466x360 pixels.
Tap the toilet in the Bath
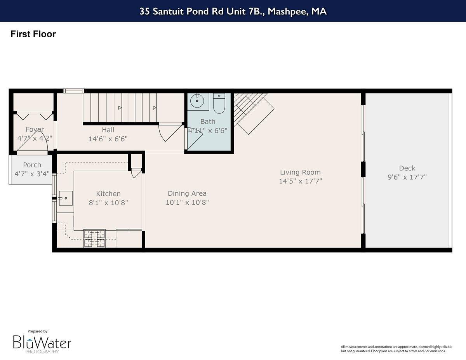click(x=219, y=104)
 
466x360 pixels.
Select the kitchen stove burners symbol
click(x=94, y=238)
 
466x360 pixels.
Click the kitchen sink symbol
click(x=66, y=198)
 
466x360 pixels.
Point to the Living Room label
click(x=300, y=172)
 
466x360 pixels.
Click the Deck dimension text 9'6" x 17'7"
click(x=407, y=177)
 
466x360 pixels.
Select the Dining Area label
click(x=187, y=193)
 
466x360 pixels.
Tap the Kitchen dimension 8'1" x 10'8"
click(x=108, y=202)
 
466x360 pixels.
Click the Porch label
click(x=32, y=165)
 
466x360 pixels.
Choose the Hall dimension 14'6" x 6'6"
click(x=108, y=139)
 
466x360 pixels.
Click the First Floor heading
click(x=33, y=34)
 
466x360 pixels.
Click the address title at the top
click(x=233, y=11)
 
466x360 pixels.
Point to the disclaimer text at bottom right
click(x=393, y=349)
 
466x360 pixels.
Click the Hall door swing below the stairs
click(x=169, y=132)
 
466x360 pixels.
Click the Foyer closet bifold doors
click(x=33, y=115)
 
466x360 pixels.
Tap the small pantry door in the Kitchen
click(x=136, y=173)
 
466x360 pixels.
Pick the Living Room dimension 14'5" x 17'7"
click(x=300, y=181)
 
